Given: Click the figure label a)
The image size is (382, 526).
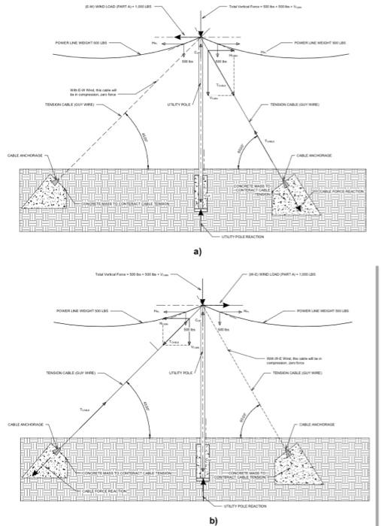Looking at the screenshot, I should click(198, 252).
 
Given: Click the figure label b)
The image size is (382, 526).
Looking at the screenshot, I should click(198, 519).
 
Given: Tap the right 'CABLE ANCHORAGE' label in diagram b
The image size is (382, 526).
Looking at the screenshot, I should click(316, 425).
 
